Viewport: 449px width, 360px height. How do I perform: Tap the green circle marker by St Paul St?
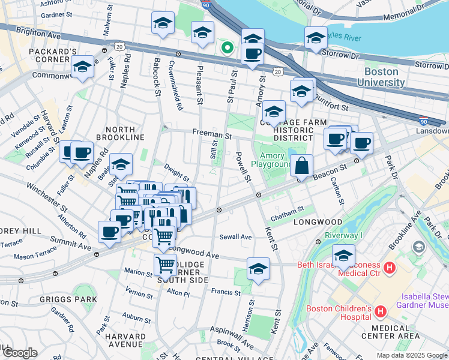[x=228, y=47]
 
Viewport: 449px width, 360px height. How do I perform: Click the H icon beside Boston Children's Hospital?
[x=379, y=311]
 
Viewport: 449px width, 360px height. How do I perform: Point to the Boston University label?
[x=388, y=76]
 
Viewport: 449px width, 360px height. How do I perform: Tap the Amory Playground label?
[x=271, y=159]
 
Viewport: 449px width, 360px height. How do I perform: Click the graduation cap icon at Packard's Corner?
[x=82, y=67]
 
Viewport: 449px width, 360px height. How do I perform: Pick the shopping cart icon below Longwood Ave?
[x=165, y=265]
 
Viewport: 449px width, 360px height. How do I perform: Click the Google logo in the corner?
[x=19, y=353]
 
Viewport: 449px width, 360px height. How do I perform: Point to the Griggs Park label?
[x=25, y=298]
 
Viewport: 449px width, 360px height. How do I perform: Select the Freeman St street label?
[x=212, y=136]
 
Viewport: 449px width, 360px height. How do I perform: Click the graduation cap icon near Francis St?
[x=258, y=269]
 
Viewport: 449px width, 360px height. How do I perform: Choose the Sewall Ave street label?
[x=235, y=236]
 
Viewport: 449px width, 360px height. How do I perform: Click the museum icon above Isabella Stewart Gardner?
[x=419, y=247]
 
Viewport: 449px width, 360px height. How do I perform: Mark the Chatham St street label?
[x=284, y=217]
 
